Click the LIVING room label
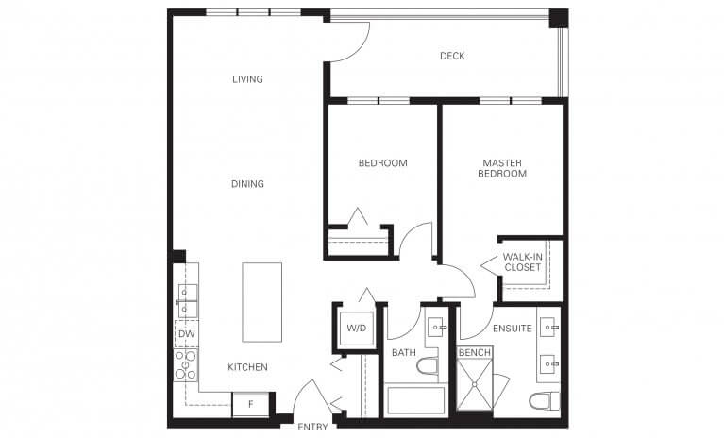tap(247, 79)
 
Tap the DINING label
tap(247, 184)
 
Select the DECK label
tap(452, 56)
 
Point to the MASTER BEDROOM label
tap(501, 168)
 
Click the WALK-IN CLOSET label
tap(522, 261)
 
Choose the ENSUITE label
tap(513, 328)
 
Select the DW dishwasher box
tap(186, 333)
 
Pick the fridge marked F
tap(250, 404)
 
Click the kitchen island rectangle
tap(261, 302)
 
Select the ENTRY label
tap(312, 428)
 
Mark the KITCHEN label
tap(247, 367)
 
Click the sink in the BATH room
tap(437, 327)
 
